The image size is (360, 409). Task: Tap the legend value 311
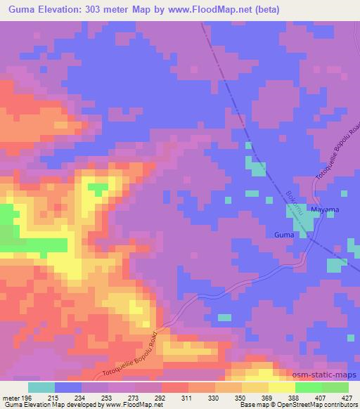click(188, 398)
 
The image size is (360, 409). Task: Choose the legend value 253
click(108, 398)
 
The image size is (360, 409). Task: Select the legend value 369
click(268, 398)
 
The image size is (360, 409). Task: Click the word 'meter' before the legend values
click(10, 398)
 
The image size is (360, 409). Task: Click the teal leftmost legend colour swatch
click(41, 387)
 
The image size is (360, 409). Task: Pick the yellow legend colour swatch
click(282, 387)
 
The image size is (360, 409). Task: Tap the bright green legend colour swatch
click(309, 387)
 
